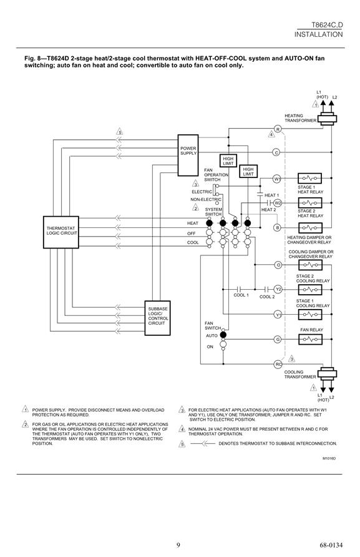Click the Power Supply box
click(188, 155)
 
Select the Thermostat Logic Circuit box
click(61, 232)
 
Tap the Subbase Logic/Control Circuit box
click(157, 318)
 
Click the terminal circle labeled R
click(278, 129)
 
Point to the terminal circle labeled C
click(276, 152)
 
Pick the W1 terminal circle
click(277, 179)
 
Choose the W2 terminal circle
click(278, 203)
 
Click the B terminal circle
click(277, 227)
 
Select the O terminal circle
click(278, 265)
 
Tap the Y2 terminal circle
click(278, 290)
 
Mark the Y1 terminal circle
click(278, 314)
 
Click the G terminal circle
click(278, 340)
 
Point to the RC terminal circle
click(278, 364)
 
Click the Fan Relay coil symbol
click(310, 340)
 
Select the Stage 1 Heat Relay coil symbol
click(309, 179)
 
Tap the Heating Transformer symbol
click(327, 119)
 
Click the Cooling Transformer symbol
click(327, 373)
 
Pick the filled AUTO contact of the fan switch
click(223, 335)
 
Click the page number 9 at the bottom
click(178, 545)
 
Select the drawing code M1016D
click(329, 458)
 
